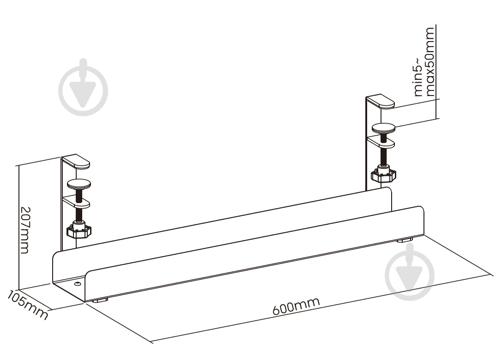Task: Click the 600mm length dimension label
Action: (296, 306)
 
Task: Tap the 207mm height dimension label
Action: (25, 230)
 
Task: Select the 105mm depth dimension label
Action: (28, 305)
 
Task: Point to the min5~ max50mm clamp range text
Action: (424, 62)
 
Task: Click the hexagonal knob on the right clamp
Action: (383, 175)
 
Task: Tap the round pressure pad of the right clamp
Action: (384, 128)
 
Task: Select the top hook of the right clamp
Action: (381, 101)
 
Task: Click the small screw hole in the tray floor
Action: (77, 283)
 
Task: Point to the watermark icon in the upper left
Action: (83, 87)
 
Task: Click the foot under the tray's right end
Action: (405, 240)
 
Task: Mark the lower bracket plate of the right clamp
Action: (381, 143)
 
